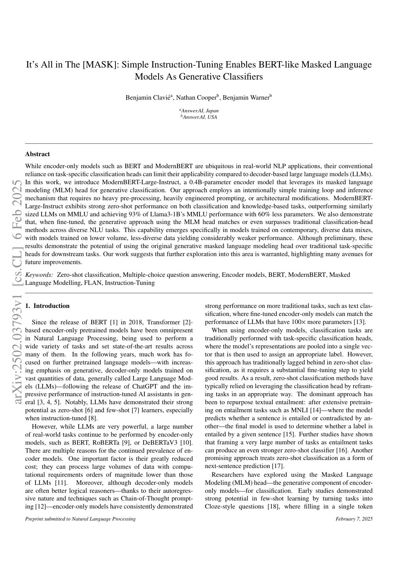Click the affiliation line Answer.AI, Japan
tap(199, 111)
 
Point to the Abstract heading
tap(37, 154)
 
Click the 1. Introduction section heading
tap(47, 306)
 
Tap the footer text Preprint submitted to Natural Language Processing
tap(80, 519)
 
